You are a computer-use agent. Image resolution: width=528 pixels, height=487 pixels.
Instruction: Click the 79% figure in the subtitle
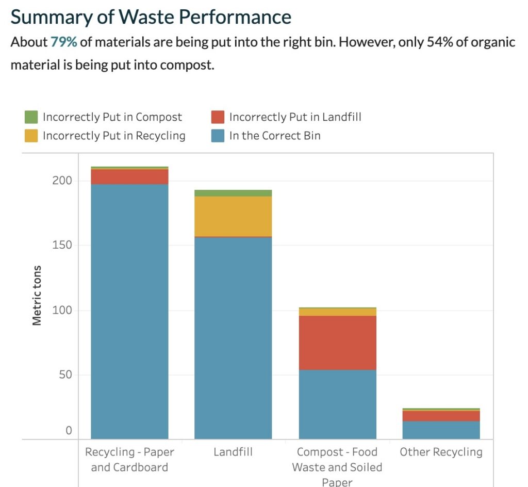coord(64,42)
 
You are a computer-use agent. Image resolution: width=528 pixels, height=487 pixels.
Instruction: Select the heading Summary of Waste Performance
coord(151,17)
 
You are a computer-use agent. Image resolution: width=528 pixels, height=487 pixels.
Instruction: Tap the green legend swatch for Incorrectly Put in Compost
coord(31,117)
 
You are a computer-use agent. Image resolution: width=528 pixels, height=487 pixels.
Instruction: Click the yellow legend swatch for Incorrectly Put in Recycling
coord(31,136)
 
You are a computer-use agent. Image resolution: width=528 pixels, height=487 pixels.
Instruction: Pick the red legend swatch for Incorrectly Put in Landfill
coord(218,117)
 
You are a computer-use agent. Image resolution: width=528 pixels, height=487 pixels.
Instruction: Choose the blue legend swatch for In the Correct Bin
coord(218,136)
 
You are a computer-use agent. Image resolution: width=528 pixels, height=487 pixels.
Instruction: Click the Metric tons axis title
coord(37,296)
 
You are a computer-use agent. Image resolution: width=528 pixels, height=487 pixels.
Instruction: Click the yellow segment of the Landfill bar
coord(233,216)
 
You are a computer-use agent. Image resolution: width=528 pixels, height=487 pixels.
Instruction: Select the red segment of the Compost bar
coord(337,343)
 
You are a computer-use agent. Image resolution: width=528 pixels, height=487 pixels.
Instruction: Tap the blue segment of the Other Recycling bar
coord(441,430)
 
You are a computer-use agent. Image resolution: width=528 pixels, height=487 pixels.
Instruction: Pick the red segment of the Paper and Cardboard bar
coord(129,176)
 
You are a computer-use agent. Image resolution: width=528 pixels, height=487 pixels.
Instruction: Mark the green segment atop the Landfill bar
coord(233,193)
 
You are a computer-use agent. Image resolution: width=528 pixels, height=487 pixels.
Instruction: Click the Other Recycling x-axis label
coord(441,452)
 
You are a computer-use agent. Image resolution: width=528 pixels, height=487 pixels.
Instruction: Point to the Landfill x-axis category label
coord(233,452)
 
